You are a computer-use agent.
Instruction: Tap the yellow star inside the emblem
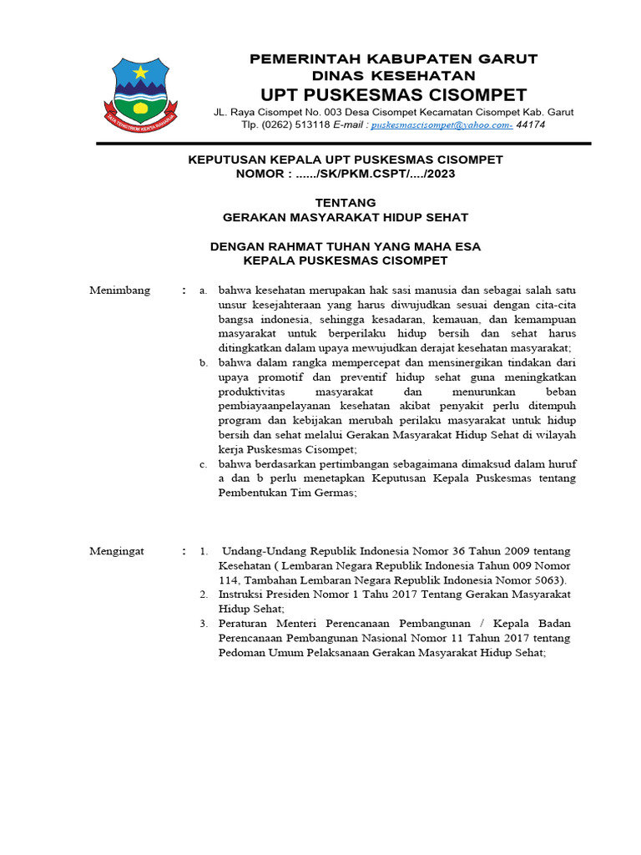tap(139, 73)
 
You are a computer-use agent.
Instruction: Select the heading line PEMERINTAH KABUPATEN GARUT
tap(394, 58)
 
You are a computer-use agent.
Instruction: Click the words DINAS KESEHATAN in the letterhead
tap(394, 75)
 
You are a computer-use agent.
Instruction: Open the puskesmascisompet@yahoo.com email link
tap(442, 124)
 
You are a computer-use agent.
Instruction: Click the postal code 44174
tap(531, 124)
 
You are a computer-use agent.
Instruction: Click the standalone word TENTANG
tap(346, 202)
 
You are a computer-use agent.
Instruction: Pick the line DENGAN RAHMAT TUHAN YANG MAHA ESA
tap(345, 246)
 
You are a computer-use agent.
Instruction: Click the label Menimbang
tap(119, 291)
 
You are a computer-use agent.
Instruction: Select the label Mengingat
tap(117, 551)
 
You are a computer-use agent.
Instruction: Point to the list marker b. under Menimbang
tap(203, 362)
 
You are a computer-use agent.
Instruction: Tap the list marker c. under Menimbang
tap(203, 464)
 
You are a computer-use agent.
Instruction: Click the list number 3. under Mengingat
tap(203, 624)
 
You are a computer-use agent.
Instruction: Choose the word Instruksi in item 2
tap(241, 594)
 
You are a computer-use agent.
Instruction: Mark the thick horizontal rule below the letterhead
tap(343, 144)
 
